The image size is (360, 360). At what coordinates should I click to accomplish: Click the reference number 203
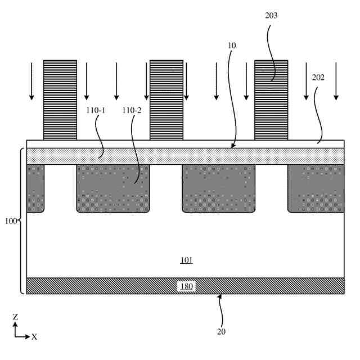[271, 16]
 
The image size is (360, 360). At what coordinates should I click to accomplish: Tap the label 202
[318, 78]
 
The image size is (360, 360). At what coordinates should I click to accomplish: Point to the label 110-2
[132, 110]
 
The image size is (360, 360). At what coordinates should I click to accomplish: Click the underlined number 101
[186, 260]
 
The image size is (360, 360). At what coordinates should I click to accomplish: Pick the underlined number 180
[186, 286]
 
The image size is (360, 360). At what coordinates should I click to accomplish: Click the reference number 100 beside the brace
[10, 220]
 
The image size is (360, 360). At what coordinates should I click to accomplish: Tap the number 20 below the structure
[220, 331]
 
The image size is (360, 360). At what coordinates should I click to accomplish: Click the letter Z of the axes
[15, 317]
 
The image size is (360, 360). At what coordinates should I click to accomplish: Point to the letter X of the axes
[34, 337]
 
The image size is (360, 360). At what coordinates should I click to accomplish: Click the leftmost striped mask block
[60, 100]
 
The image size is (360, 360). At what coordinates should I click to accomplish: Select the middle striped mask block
[166, 100]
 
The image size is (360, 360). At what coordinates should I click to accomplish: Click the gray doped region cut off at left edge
[35, 188]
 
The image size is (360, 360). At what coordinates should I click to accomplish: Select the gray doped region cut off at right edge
[316, 188]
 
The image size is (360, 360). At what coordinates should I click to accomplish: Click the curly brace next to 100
[21, 220]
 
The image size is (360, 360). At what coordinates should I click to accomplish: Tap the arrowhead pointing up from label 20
[220, 296]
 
